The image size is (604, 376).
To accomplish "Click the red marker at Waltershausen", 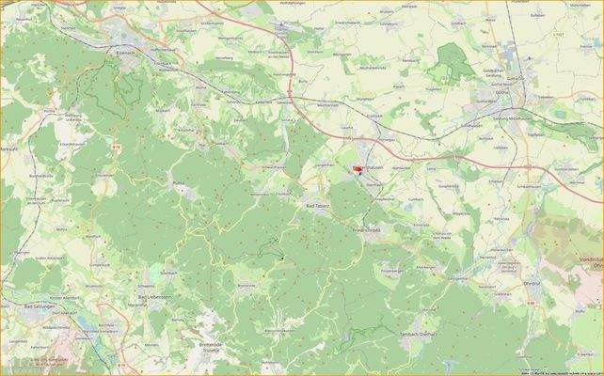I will (357, 170).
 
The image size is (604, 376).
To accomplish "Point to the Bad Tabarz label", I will (318, 204).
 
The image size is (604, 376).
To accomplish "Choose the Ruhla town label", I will (178, 182).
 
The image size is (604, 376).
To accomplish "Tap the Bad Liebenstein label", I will (154, 297).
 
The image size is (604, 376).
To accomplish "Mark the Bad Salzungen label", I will (41, 307).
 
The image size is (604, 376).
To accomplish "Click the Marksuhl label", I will (9, 149).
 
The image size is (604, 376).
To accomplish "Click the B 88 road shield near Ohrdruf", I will (531, 303).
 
